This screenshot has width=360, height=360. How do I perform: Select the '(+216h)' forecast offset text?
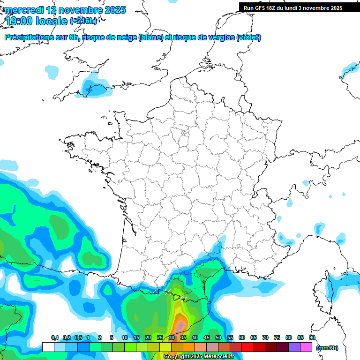tap(83, 21)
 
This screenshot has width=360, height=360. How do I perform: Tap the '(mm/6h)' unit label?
tap(328, 347)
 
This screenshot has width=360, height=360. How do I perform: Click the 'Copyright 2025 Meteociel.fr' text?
tap(199, 356)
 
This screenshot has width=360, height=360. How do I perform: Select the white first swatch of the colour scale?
tap(48, 347)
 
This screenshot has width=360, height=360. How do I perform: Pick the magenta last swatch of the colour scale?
tap(307, 347)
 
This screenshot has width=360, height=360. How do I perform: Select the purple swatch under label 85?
tap(294, 347)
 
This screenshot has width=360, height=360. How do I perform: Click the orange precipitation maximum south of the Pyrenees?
tap(180, 324)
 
